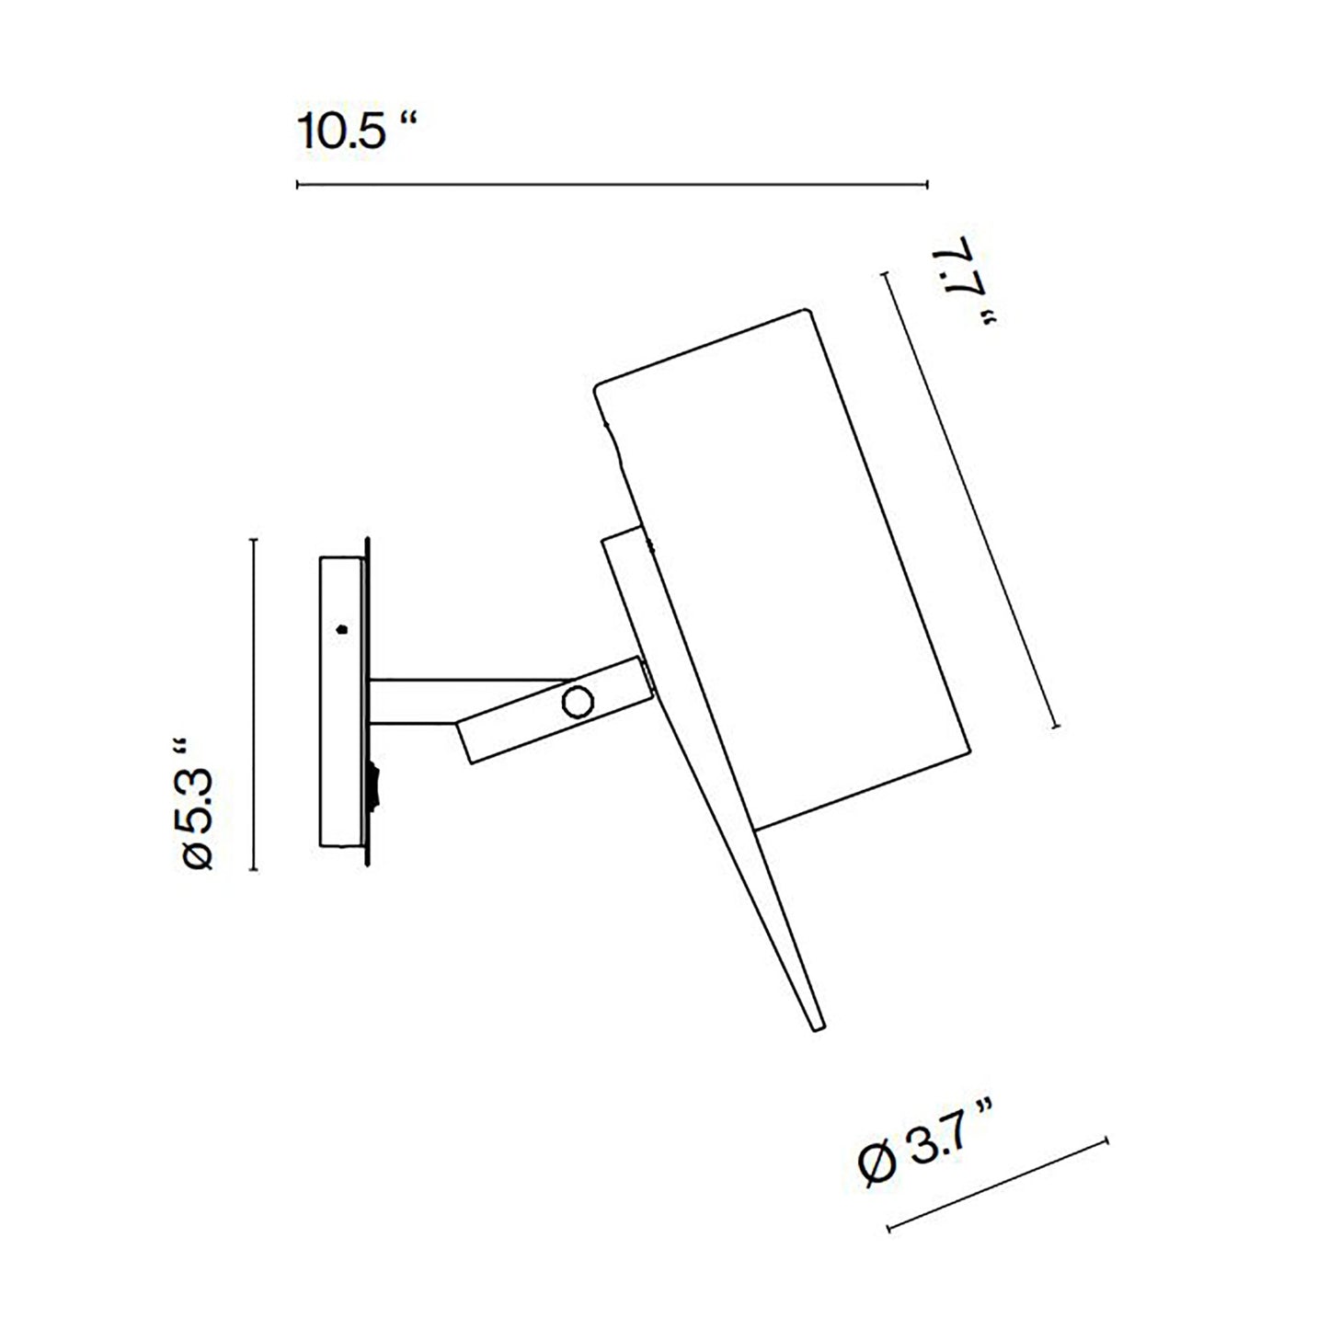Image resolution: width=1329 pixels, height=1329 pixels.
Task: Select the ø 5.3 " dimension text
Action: (198, 802)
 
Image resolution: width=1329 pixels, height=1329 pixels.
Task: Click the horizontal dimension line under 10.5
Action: (612, 185)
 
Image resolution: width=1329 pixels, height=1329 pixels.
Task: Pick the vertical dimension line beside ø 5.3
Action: (255, 705)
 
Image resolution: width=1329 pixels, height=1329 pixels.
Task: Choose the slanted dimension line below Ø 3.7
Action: (998, 1186)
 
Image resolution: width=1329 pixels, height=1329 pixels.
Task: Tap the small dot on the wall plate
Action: (342, 630)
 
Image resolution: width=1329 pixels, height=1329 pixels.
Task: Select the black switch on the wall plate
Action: (372, 787)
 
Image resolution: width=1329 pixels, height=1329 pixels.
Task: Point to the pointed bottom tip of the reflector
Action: (817, 1025)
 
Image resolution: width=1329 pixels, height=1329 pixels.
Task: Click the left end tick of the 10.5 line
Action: (298, 185)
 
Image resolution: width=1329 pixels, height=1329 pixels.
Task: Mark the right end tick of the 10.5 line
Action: (926, 185)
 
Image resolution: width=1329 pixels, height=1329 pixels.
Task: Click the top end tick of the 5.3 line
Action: (255, 540)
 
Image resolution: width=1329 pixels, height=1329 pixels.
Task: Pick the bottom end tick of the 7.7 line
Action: (1056, 727)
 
